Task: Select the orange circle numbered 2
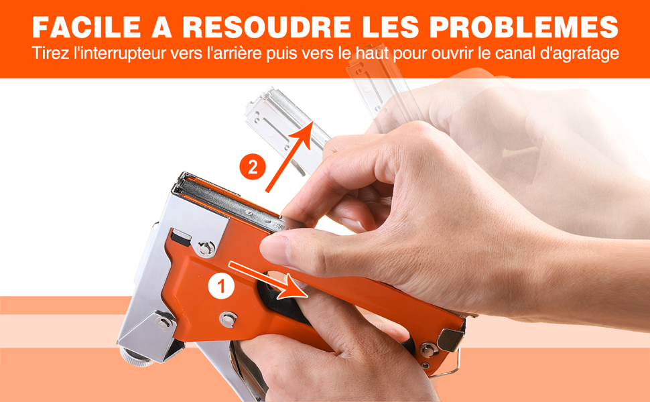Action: (253, 167)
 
